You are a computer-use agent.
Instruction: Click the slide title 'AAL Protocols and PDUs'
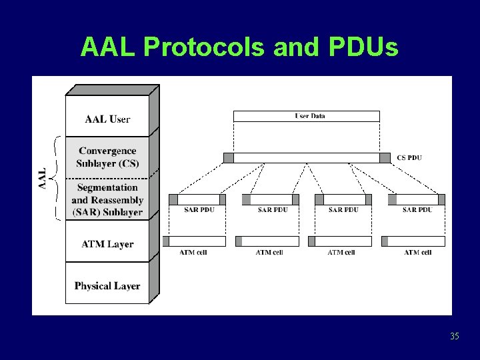[x=239, y=47]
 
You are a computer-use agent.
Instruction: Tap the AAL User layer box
[x=107, y=119]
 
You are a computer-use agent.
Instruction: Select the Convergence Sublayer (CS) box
[x=107, y=157]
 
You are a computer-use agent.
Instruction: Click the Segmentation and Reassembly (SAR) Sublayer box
[x=107, y=200]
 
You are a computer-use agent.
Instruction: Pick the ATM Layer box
[x=107, y=244]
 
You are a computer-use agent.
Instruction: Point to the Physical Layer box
[x=107, y=286]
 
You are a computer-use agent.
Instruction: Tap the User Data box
[x=307, y=116]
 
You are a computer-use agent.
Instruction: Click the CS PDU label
[x=409, y=158]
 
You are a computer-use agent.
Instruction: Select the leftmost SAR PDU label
[x=200, y=209]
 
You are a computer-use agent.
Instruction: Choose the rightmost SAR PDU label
[x=417, y=209]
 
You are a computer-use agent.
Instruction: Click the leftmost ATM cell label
[x=193, y=252]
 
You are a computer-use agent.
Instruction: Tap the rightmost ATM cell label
[x=417, y=252]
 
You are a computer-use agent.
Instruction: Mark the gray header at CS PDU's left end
[x=229, y=158]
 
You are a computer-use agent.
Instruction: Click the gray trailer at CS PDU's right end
[x=385, y=158]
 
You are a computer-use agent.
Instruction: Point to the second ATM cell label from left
[x=269, y=252]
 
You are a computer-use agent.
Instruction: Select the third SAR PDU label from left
[x=343, y=209]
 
